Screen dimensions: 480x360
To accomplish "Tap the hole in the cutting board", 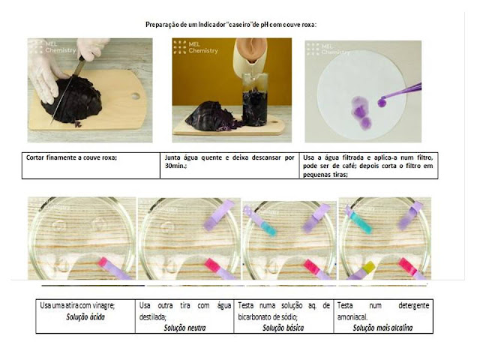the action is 135,96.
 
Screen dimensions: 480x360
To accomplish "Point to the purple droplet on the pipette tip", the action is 382,102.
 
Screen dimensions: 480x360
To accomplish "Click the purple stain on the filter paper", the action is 361,112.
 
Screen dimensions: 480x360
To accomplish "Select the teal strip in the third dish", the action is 268,229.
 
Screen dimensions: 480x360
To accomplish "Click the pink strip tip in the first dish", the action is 103,262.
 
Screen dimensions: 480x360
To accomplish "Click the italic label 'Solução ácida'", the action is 85,316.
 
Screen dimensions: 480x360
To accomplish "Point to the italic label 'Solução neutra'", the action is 184,328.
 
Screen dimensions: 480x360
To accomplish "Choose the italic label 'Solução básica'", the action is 283,328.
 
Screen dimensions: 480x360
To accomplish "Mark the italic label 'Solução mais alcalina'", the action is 382,328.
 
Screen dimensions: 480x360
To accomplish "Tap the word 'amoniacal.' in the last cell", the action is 352,316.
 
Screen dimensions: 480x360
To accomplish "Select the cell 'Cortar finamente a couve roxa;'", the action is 91,166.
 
